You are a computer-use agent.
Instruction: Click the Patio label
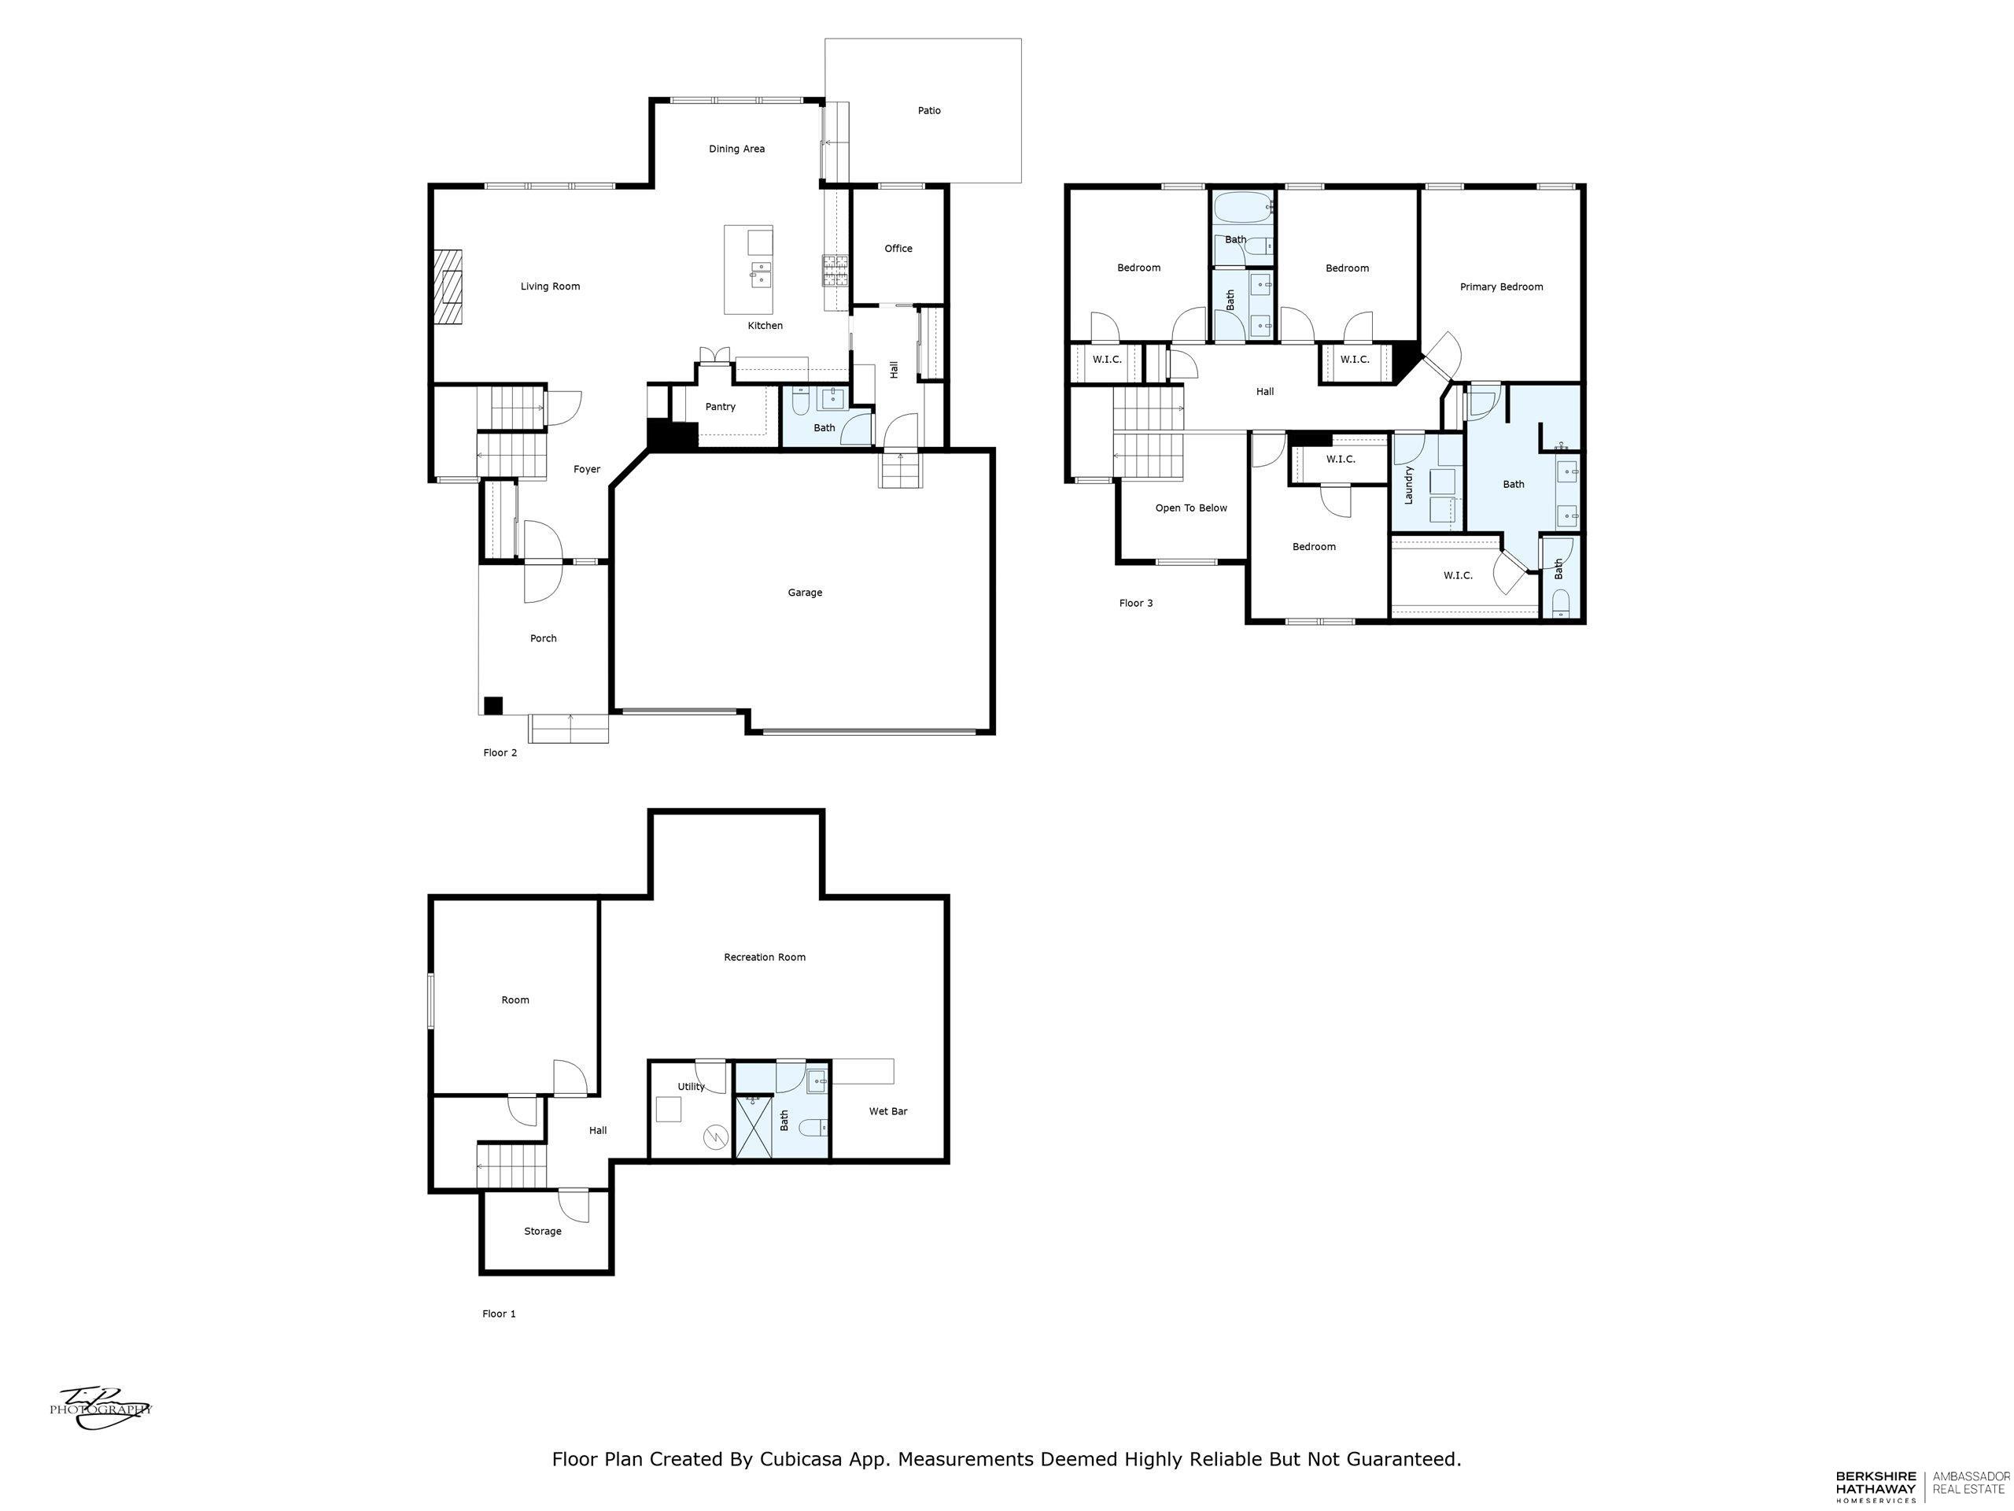928,110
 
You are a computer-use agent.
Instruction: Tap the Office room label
898,249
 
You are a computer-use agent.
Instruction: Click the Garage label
805,593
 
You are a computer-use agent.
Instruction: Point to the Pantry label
720,407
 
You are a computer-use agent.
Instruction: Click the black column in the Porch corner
492,705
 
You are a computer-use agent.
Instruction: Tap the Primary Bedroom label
1501,287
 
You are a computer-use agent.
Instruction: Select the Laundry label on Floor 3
1407,486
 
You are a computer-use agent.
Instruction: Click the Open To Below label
1191,508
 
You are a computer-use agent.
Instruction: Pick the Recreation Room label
765,957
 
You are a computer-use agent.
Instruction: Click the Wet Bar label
887,1111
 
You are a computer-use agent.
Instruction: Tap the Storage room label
543,1232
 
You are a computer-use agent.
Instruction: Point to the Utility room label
691,1087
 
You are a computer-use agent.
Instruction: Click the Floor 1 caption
499,1313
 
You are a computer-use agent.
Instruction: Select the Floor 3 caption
1135,603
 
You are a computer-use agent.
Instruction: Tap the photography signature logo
100,1409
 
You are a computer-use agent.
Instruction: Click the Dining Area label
736,149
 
